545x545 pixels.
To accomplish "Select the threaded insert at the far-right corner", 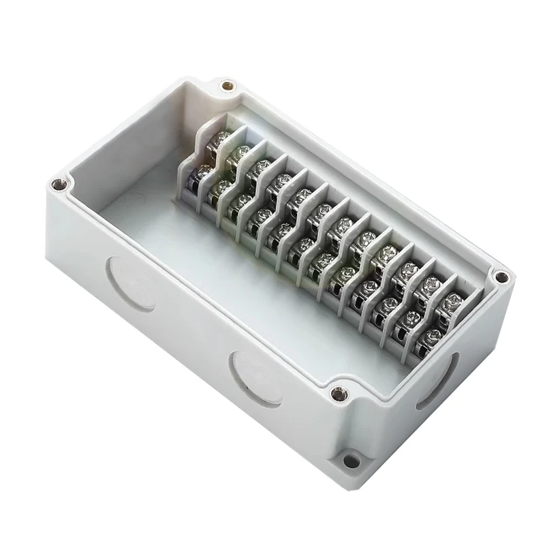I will tap(502, 277).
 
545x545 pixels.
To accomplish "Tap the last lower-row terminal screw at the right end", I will tap(431, 336).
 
